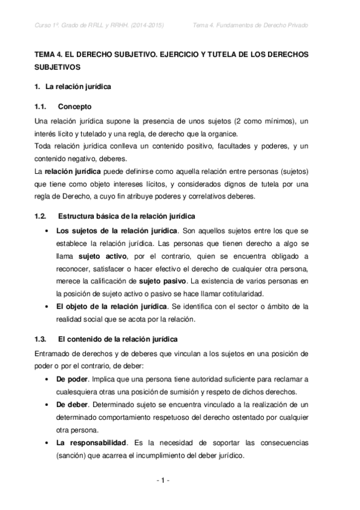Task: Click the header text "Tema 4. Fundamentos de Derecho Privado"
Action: click(x=258, y=25)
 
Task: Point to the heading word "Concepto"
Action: click(x=75, y=107)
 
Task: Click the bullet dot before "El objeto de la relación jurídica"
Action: click(x=48, y=307)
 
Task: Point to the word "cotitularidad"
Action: click(x=241, y=293)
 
